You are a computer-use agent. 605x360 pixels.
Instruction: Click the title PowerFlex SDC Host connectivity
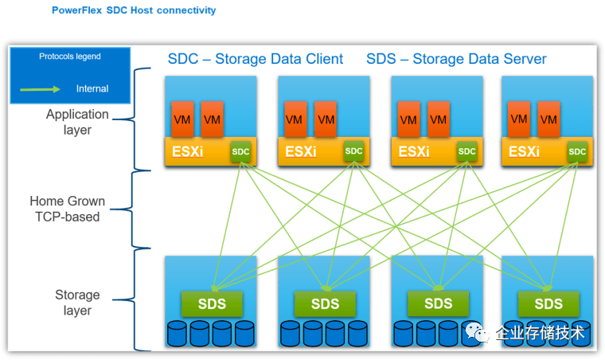click(x=133, y=10)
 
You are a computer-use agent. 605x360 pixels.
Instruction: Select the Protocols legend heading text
click(x=70, y=57)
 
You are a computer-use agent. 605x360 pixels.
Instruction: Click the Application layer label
click(x=77, y=122)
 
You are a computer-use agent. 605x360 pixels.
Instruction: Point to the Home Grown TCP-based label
click(x=67, y=209)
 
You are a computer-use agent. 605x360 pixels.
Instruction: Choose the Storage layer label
click(x=77, y=303)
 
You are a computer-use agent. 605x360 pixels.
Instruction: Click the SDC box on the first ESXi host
click(x=241, y=151)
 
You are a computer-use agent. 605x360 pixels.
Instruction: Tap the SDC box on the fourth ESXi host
click(x=577, y=151)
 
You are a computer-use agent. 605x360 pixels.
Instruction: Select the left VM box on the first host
click(x=182, y=119)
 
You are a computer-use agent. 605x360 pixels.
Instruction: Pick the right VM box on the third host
click(x=439, y=119)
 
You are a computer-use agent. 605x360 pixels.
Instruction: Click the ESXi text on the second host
click(x=302, y=151)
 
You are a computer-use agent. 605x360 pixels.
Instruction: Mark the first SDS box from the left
click(x=212, y=303)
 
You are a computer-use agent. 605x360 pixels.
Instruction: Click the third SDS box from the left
click(x=438, y=303)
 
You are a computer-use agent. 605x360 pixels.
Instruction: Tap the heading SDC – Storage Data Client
click(x=256, y=59)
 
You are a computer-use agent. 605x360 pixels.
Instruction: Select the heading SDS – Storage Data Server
click(x=456, y=59)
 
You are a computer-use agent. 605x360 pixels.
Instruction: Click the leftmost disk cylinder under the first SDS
click(x=177, y=333)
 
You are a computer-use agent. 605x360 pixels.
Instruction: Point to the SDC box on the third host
click(x=467, y=151)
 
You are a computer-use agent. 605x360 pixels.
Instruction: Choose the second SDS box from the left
click(x=325, y=303)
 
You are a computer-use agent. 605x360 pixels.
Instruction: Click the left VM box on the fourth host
click(x=519, y=119)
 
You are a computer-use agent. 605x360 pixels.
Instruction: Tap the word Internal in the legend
click(x=92, y=88)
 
